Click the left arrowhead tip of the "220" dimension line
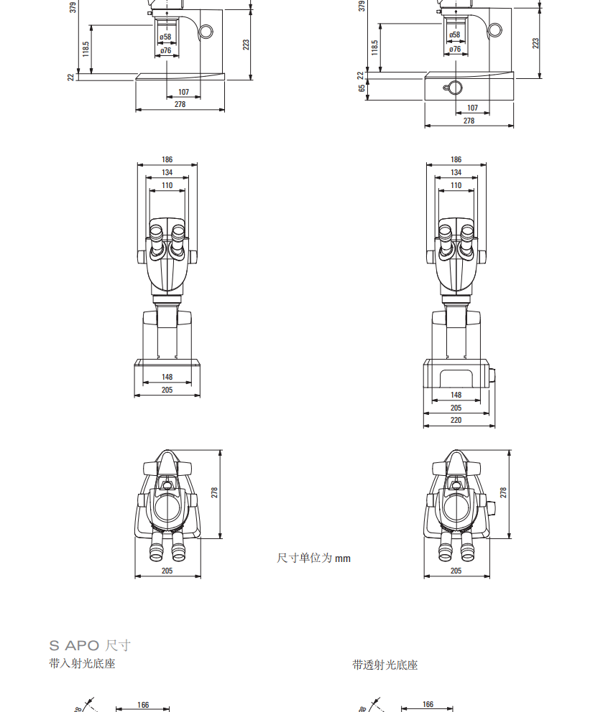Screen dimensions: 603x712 pos(423,426)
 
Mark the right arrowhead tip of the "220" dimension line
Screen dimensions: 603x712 pos(494,426)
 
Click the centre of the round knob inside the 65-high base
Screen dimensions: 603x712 pos(455,88)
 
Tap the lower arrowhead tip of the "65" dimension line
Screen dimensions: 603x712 pos(367,100)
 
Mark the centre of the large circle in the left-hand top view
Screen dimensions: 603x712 pos(167,507)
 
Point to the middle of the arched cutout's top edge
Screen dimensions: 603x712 pos(456,370)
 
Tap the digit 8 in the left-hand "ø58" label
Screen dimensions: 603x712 pos(169,37)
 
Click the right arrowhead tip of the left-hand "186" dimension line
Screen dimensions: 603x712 pos(198,165)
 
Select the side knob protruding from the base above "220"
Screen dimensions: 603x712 pos(492,375)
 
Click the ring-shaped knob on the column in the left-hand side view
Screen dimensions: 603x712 pos(206,32)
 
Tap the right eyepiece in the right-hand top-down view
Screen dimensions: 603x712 pos(467,547)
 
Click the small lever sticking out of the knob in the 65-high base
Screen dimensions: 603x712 pos(446,87)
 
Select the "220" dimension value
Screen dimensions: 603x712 pos(456,420)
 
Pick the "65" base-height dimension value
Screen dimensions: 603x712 pos(362,88)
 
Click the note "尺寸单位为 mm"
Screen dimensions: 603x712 pos(314,558)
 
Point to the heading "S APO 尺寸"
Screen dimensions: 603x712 pos(90,645)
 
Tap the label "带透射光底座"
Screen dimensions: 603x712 pos(385,665)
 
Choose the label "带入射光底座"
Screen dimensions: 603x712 pos(83,664)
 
